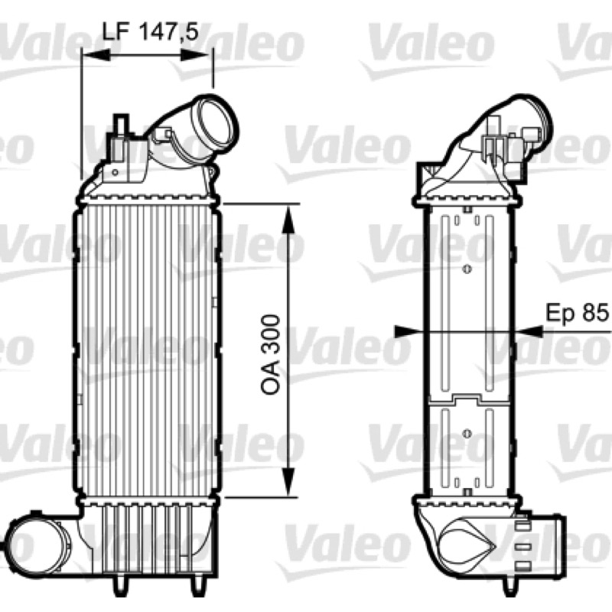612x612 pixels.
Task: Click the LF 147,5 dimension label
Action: point(151,32)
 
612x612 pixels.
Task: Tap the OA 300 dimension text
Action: point(271,354)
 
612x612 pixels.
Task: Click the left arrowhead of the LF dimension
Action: point(96,54)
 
